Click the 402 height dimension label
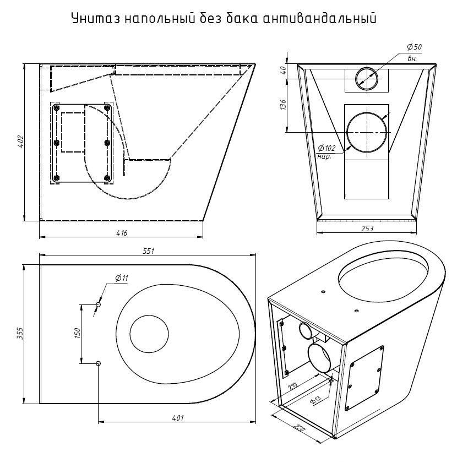click(20, 142)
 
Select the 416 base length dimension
click(122, 233)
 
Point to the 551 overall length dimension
click(148, 251)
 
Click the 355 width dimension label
click(20, 334)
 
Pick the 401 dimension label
click(178, 418)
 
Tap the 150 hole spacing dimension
click(77, 334)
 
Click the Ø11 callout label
click(122, 278)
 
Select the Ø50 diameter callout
click(414, 47)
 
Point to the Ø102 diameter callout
click(326, 148)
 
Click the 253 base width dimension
click(367, 228)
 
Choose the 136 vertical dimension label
click(283, 105)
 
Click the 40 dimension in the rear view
click(283, 70)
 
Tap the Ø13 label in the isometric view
click(315, 399)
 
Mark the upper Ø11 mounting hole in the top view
click(98, 304)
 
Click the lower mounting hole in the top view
click(98, 363)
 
